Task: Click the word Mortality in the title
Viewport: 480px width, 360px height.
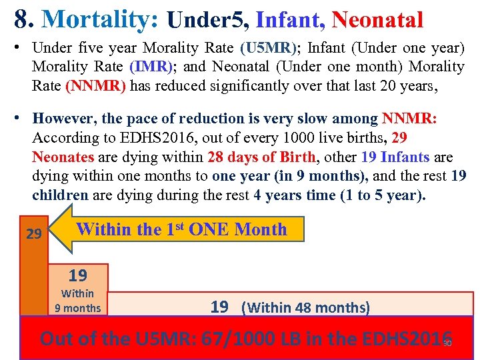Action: point(99,19)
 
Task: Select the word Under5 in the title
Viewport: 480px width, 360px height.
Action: point(207,20)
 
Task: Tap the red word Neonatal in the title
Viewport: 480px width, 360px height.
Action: point(377,20)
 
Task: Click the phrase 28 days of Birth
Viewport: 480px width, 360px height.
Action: point(265,158)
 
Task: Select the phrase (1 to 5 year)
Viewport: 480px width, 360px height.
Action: point(381,196)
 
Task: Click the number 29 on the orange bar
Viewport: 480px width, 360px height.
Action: point(33,234)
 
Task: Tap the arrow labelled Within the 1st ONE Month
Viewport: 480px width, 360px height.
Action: point(180,230)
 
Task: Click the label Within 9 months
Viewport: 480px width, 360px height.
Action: point(77,301)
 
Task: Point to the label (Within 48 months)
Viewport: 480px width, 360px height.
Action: point(306,307)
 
